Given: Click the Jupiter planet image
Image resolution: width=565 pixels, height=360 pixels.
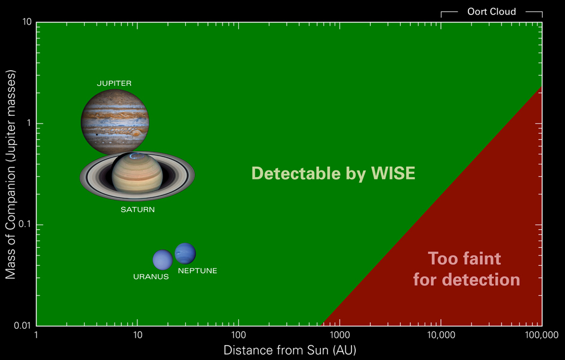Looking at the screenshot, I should (115, 122).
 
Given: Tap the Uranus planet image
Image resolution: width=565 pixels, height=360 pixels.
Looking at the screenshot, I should (163, 260).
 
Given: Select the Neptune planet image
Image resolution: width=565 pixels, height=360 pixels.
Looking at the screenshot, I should (185, 253).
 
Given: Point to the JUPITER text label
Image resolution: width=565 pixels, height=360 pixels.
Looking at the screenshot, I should (114, 83).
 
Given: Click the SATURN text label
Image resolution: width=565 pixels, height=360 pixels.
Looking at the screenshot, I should (137, 209).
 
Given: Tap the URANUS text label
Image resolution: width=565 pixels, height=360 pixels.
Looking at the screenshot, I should (151, 277).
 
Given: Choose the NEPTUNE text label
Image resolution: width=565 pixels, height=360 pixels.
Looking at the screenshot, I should (197, 271).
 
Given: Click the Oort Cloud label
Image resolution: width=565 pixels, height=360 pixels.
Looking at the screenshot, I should (491, 11).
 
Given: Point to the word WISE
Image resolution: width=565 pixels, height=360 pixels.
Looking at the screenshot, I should (392, 174).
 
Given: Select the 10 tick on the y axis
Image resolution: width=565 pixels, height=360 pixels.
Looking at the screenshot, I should (26, 22).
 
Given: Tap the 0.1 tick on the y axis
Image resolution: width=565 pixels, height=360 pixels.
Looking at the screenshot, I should (24, 224).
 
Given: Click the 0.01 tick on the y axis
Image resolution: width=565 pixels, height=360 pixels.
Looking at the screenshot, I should (22, 326).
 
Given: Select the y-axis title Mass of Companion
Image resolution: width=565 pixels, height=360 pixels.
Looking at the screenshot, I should (10, 174).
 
